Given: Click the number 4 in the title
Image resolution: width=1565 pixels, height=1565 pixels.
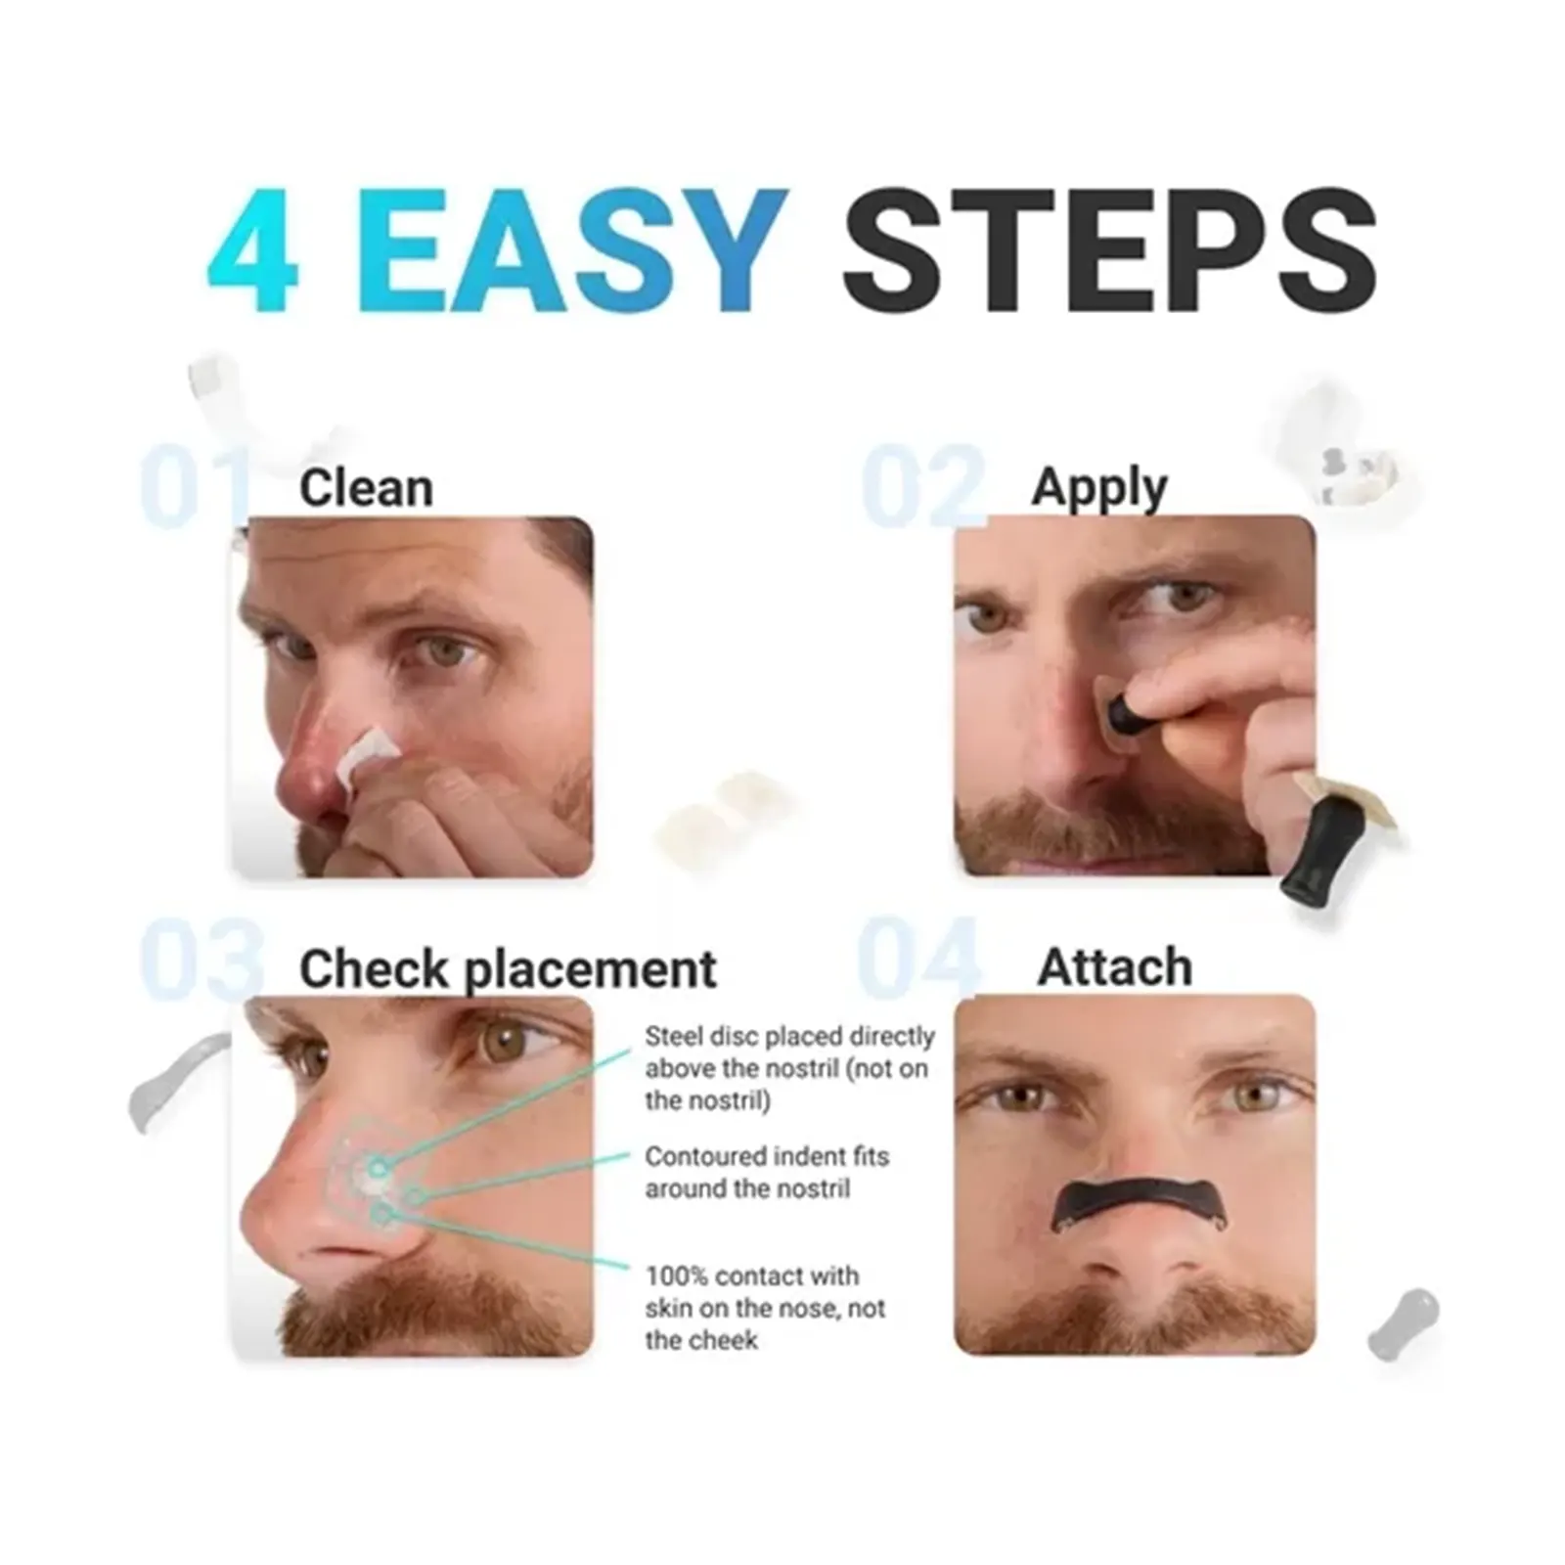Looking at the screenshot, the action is (x=252, y=250).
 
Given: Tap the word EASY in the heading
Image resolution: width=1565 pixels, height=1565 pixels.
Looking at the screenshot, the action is (x=580, y=250).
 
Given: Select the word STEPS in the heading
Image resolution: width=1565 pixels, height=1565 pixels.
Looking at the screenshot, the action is (x=1109, y=250).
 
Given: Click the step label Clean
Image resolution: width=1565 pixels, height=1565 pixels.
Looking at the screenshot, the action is (x=366, y=487).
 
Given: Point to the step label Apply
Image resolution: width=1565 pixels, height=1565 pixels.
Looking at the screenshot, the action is (x=1099, y=488).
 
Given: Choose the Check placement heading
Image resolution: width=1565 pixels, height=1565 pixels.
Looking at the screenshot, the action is (x=508, y=969).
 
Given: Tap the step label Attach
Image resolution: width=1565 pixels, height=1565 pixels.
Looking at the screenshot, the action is (x=1114, y=967).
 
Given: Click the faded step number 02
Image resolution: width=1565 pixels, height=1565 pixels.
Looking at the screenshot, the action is (x=922, y=486).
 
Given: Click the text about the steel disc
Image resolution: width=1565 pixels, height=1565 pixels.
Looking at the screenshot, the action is (x=789, y=1068).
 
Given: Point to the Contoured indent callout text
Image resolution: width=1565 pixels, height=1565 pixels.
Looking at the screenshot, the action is (x=766, y=1172).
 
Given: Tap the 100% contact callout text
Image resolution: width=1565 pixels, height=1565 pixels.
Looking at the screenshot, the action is (x=764, y=1308).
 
